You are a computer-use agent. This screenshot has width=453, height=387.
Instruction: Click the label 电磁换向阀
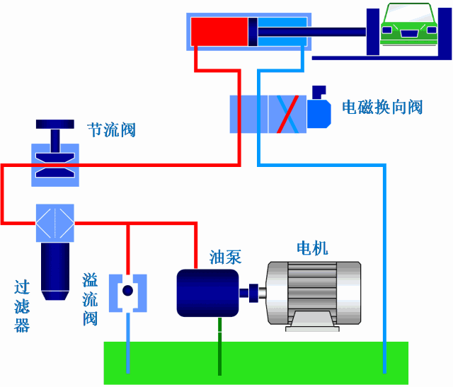tap(382, 107)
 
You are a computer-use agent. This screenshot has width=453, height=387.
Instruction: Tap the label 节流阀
tap(110, 130)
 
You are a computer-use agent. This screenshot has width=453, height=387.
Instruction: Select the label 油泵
tap(225, 257)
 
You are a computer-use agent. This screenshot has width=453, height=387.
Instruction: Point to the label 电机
tap(312, 248)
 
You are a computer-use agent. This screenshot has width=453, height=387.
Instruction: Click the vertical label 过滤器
tap(22, 306)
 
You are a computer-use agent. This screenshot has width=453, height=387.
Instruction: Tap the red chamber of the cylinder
tap(218, 32)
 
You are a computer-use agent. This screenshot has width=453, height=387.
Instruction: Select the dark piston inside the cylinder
tap(252, 32)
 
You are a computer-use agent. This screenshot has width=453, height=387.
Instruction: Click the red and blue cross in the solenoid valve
tap(287, 112)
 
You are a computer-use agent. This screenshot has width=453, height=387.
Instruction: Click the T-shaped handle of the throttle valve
tap(55, 131)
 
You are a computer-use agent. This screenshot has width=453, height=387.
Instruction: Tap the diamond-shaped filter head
tap(55, 224)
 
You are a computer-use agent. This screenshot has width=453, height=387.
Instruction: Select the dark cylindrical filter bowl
tap(55, 269)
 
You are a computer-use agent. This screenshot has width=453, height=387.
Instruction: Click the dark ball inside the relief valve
tap(127, 291)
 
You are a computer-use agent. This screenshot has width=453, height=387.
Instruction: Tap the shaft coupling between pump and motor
tap(251, 291)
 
